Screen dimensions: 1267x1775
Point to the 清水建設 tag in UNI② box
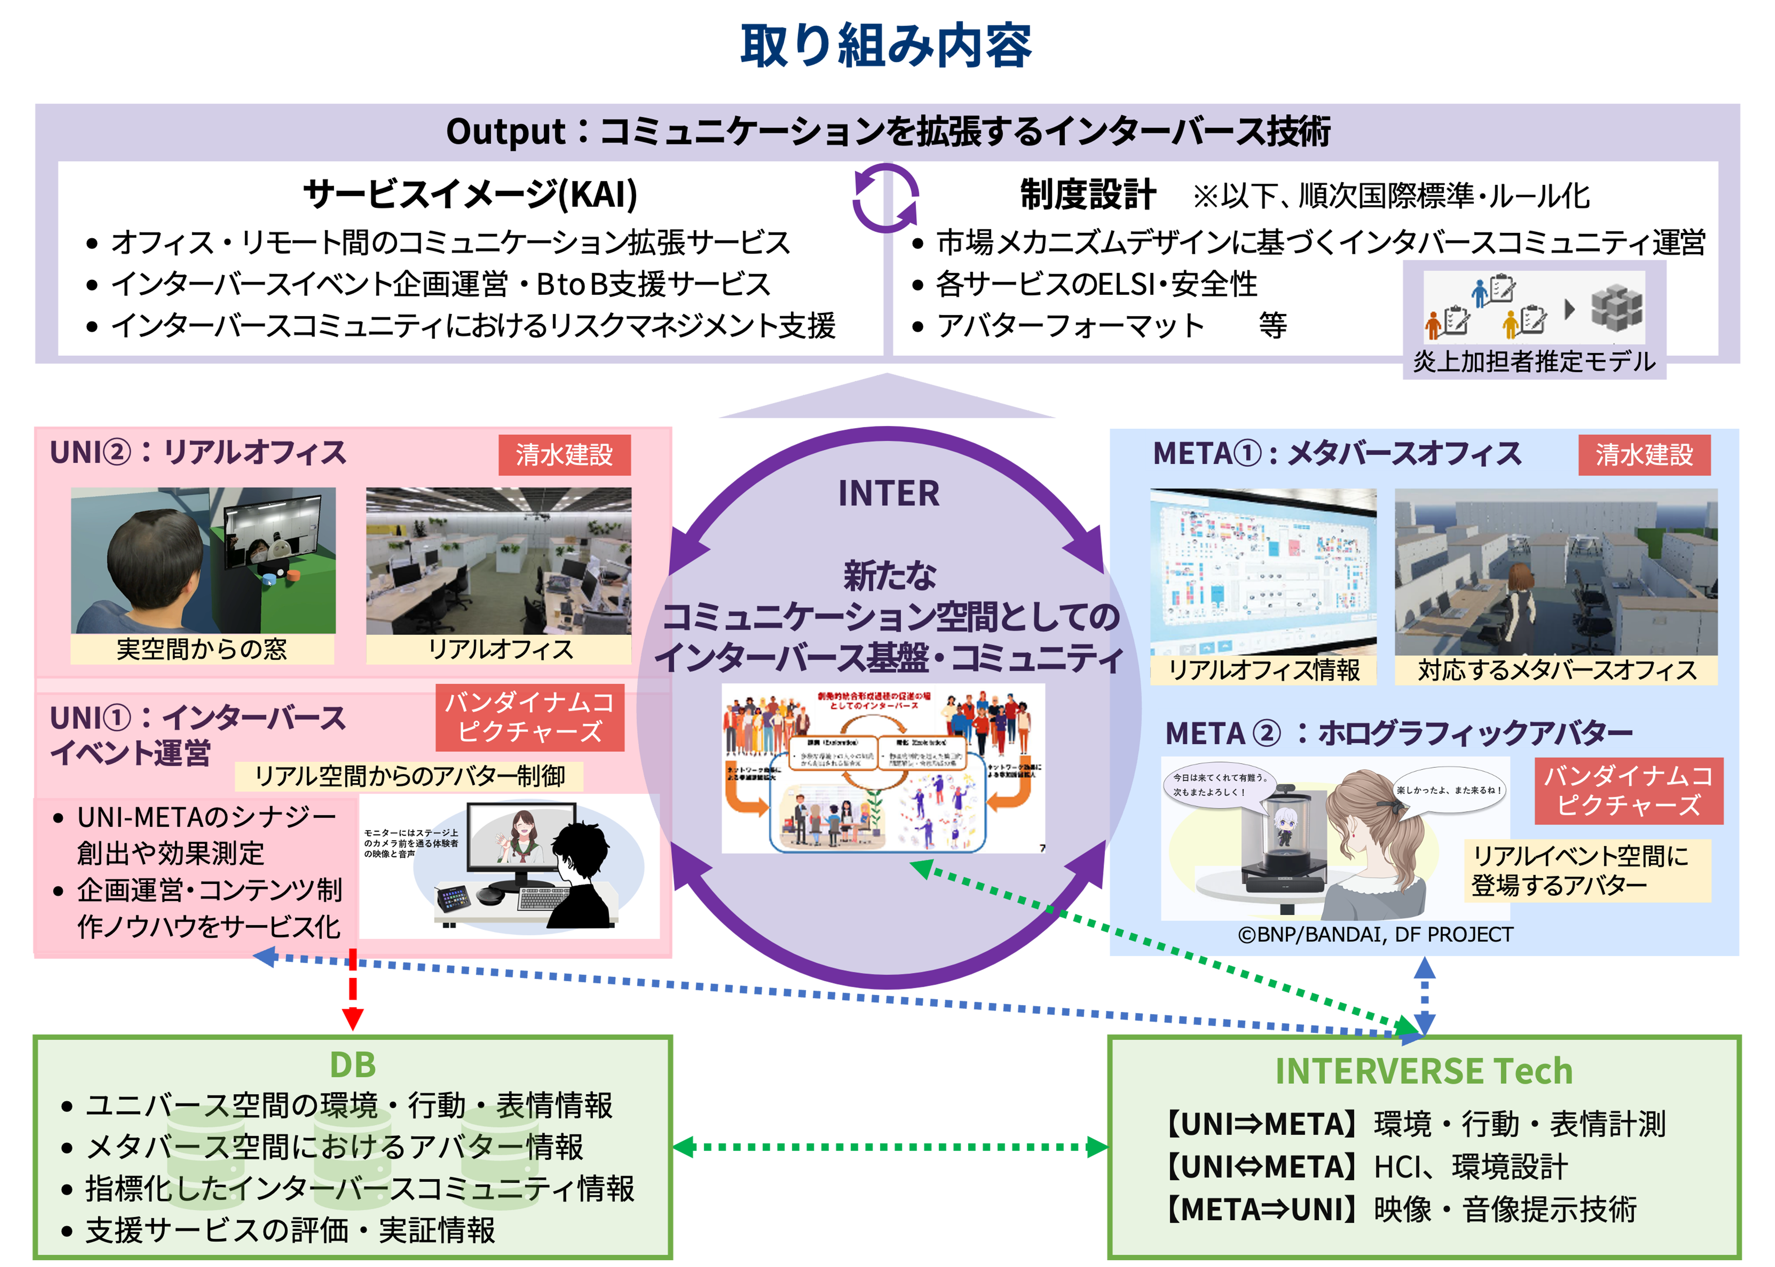click(564, 455)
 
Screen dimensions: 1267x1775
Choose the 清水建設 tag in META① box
click(1644, 455)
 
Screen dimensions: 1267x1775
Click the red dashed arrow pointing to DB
click(353, 987)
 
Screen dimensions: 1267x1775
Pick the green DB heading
click(353, 1065)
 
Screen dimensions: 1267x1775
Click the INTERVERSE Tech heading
click(1424, 1071)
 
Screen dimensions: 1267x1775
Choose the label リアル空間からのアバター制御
click(410, 776)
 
